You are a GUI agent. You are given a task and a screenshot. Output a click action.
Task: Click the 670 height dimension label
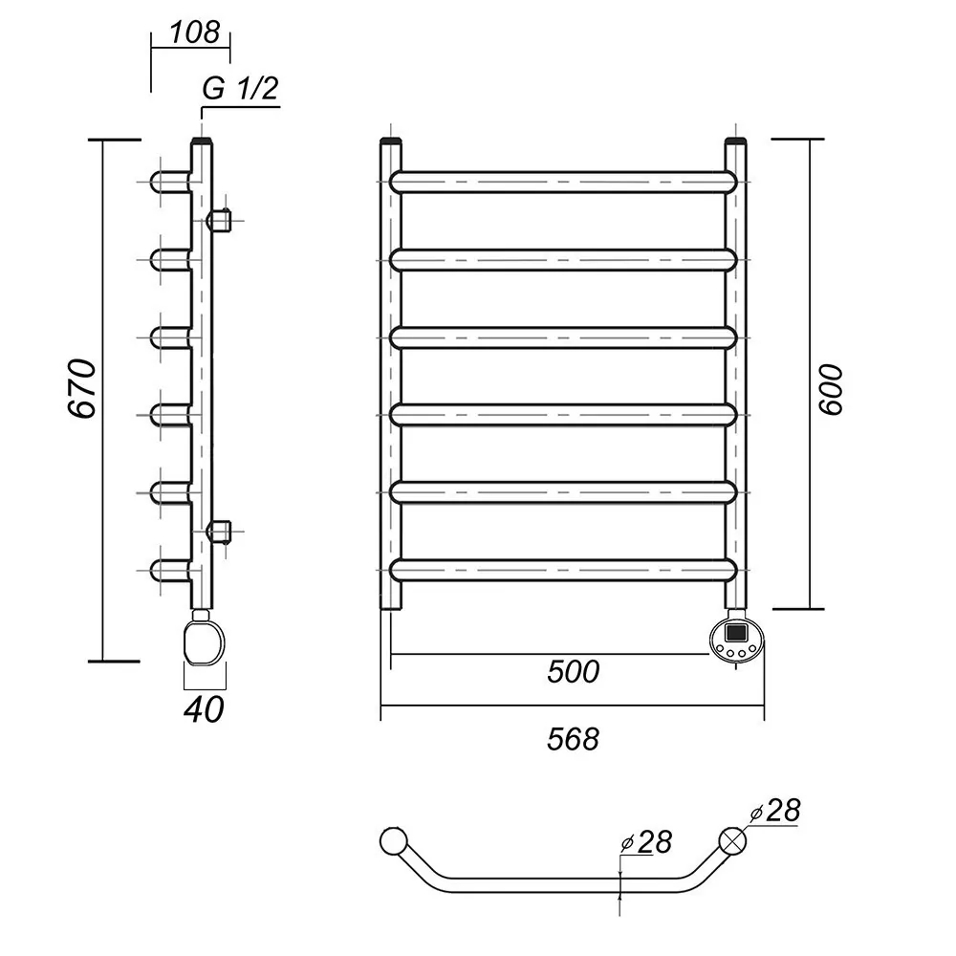(x=81, y=388)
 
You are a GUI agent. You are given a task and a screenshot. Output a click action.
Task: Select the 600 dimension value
(x=831, y=390)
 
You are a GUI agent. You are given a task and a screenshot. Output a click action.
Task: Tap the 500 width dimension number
(x=573, y=672)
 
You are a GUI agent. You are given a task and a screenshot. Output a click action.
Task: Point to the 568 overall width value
(x=573, y=739)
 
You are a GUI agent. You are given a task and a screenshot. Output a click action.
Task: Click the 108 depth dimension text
(x=194, y=32)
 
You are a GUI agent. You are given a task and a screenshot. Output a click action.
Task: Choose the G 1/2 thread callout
(x=240, y=89)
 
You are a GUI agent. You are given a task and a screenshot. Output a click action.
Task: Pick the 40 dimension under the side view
(x=205, y=709)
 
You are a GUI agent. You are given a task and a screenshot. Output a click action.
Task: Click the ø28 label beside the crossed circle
(x=775, y=811)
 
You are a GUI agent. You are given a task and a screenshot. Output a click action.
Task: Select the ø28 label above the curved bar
(x=646, y=842)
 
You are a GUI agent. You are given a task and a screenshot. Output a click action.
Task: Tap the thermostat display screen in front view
(x=736, y=632)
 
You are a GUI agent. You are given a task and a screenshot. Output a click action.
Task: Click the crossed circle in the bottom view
(x=732, y=840)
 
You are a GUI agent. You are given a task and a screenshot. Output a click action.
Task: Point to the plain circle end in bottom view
(x=393, y=840)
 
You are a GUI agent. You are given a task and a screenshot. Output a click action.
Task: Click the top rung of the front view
(x=564, y=183)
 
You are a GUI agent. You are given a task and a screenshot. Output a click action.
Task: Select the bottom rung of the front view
(x=564, y=570)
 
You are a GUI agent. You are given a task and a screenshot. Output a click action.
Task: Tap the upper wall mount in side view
(x=219, y=220)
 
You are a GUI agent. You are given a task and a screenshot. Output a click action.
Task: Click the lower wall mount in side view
(x=219, y=531)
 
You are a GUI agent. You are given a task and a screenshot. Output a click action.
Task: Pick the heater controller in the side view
(x=203, y=639)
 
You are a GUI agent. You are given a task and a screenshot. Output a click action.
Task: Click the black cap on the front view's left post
(x=391, y=143)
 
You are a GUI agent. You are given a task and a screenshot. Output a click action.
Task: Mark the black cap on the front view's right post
(x=736, y=143)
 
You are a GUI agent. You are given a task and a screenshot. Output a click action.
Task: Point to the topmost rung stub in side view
(x=170, y=182)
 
